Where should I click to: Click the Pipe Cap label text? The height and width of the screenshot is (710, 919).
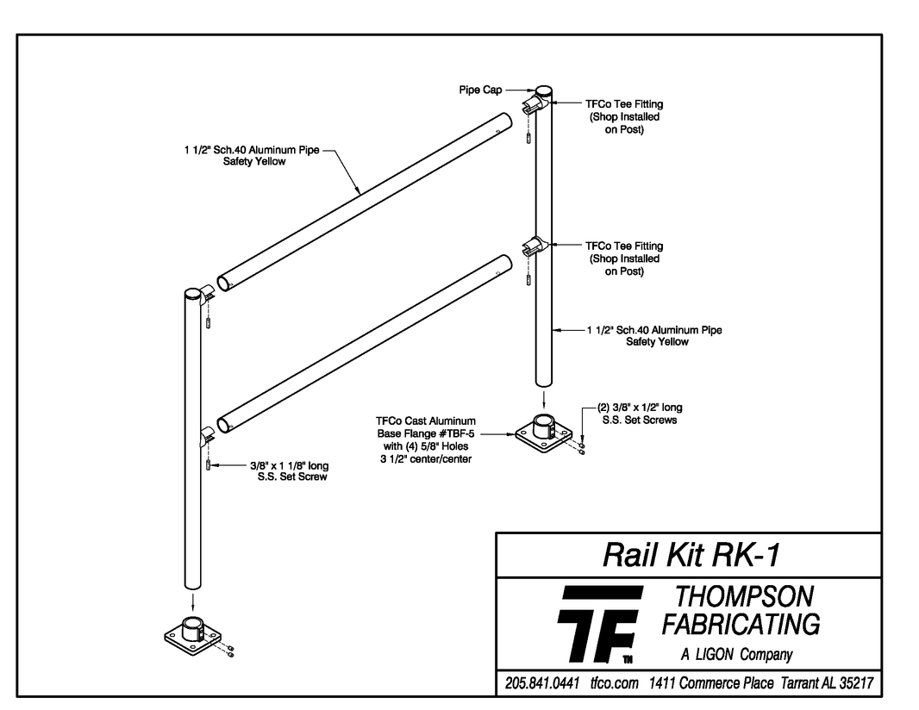click(x=480, y=89)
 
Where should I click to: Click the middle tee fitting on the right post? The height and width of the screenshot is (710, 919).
click(x=535, y=246)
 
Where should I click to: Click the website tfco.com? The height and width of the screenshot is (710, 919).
click(x=614, y=683)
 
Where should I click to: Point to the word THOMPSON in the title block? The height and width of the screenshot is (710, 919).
click(x=743, y=596)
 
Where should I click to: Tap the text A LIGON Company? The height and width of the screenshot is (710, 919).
click(x=736, y=655)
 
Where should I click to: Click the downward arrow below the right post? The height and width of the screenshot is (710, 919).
click(x=542, y=399)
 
